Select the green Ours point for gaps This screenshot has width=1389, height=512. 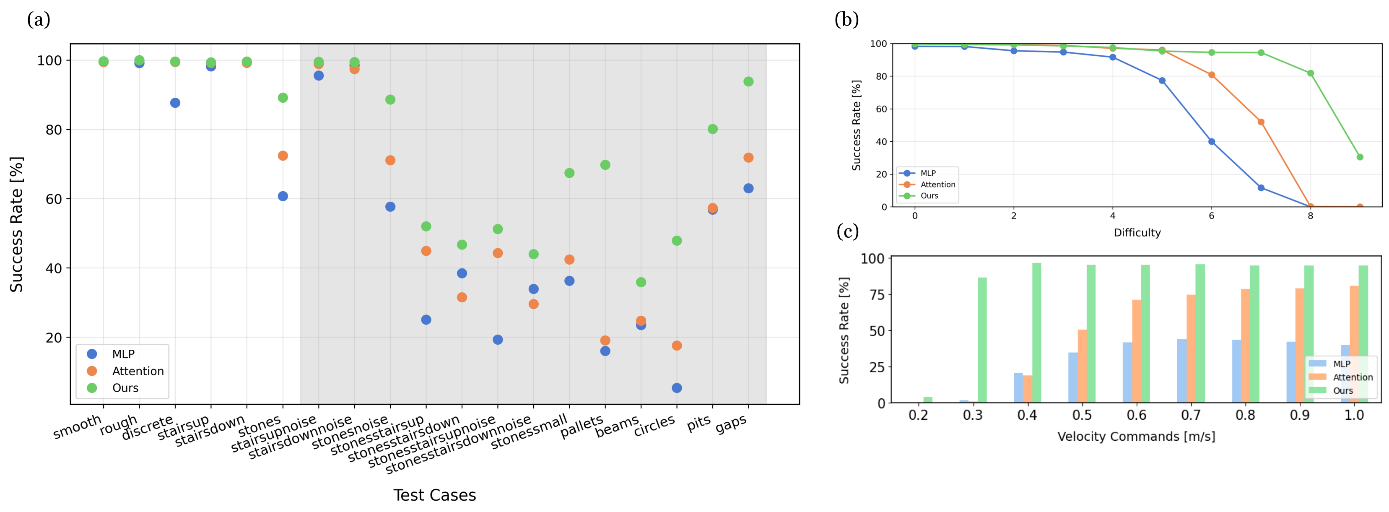coord(748,81)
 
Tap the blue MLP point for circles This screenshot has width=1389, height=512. coord(676,388)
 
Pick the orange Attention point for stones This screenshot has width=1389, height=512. coord(283,156)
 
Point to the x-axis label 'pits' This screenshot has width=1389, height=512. coord(699,423)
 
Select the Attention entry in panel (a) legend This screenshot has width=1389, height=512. coord(138,371)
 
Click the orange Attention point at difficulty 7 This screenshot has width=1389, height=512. coord(1261,122)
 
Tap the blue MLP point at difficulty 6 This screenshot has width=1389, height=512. coord(1211,142)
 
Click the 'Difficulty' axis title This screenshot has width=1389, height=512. coord(1137,233)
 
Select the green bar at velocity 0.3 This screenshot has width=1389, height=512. coord(982,340)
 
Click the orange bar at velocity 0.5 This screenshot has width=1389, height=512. coord(1082,366)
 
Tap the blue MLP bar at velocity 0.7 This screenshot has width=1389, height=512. coord(1181,371)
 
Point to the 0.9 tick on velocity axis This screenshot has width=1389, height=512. coord(1300,415)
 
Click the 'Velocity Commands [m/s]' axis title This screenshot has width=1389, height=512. coord(1136,437)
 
